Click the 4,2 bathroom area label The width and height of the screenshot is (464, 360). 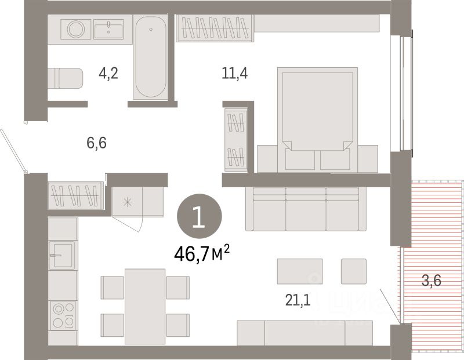(x=108, y=75)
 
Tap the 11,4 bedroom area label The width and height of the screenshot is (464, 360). (x=234, y=74)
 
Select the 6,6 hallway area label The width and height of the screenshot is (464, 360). (x=97, y=142)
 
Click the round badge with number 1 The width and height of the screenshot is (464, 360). (x=199, y=217)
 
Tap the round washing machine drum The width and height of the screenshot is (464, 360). (x=75, y=28)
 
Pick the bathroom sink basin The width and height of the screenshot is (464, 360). (x=108, y=28)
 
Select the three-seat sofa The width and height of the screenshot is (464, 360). (x=305, y=209)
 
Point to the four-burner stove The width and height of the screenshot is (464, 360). (x=63, y=315)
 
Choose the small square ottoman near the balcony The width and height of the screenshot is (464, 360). (x=354, y=271)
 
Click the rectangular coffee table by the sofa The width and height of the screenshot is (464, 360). (x=300, y=271)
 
